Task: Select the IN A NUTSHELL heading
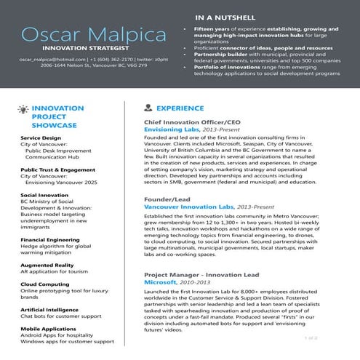coord(225,16)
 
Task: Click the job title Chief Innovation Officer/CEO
coord(191,122)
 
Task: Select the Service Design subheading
coord(41,137)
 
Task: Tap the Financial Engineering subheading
coord(50,239)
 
